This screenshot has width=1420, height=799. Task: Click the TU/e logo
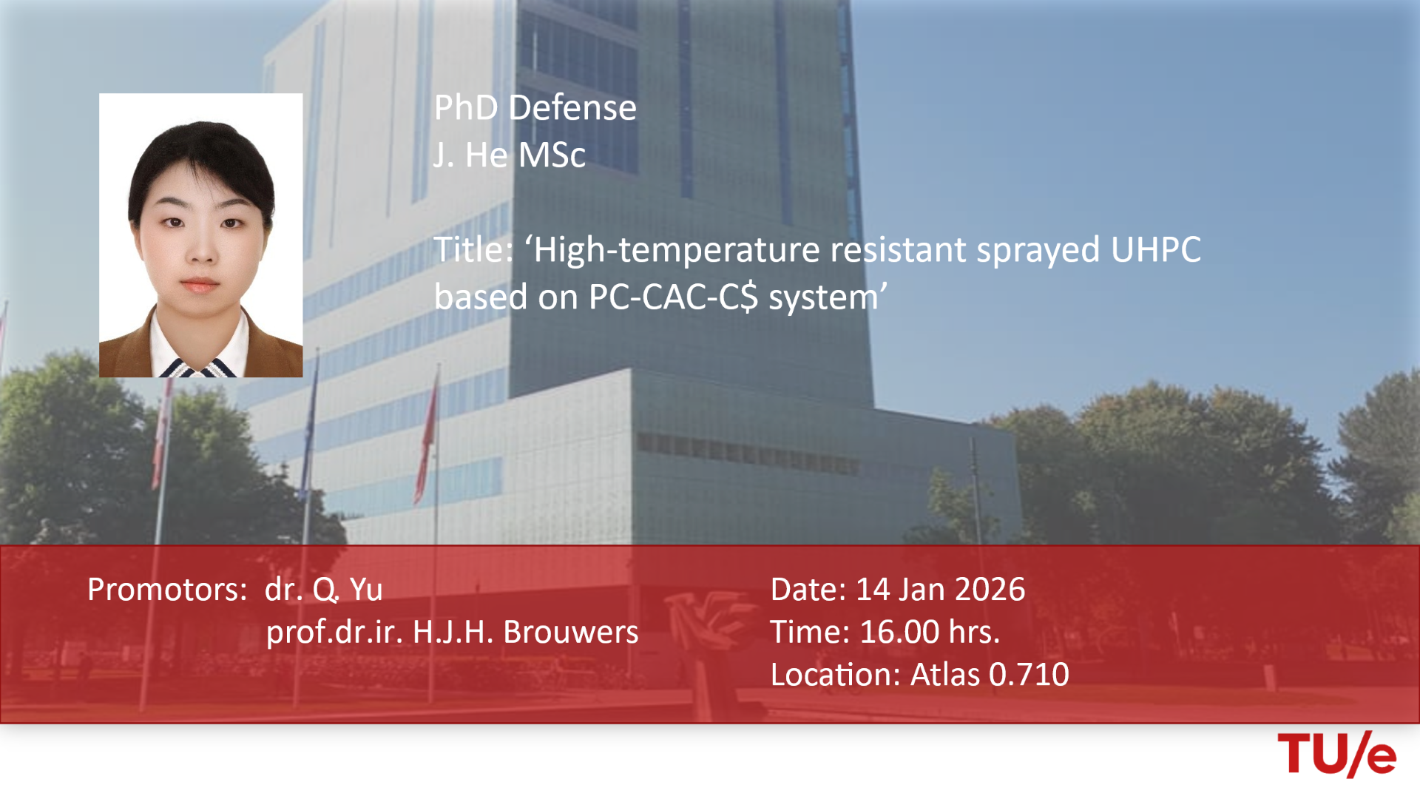point(1336,754)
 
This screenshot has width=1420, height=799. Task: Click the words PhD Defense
point(535,108)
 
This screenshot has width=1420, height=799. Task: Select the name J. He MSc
point(510,155)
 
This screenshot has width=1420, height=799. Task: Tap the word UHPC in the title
point(1156,250)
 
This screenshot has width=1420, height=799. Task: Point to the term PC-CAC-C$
point(674,297)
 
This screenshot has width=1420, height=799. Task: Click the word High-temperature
point(677,250)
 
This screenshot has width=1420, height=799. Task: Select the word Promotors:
point(167,590)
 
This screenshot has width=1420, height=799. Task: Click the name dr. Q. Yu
point(324,590)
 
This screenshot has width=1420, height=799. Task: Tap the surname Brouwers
point(571,632)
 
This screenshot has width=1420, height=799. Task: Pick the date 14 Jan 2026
point(940,590)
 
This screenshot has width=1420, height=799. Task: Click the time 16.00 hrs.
point(930,632)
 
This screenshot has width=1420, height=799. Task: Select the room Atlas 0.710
point(990,675)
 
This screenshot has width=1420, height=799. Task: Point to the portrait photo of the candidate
point(201,235)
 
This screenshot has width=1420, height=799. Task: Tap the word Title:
point(473,250)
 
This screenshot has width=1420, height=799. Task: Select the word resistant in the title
point(898,250)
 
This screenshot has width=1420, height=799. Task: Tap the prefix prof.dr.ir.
point(334,632)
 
